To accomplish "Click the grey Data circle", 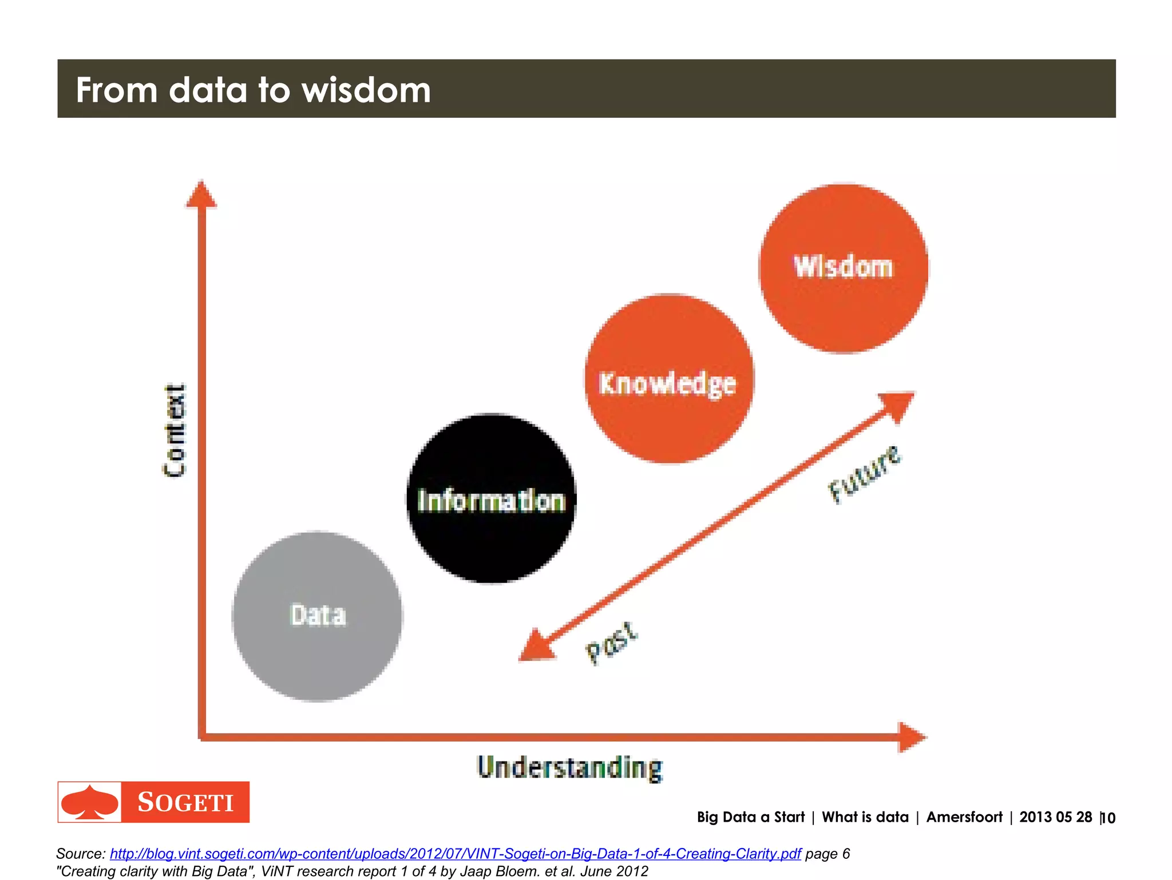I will click(318, 616).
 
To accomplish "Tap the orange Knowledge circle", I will click(668, 379).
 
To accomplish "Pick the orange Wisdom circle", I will click(843, 268).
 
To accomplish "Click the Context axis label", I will click(174, 430).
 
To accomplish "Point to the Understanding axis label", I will click(570, 768).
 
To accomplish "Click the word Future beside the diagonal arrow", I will click(864, 474).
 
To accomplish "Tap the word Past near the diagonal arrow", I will click(611, 643).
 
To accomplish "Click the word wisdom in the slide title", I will click(366, 90).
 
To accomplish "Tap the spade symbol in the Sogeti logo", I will click(89, 802).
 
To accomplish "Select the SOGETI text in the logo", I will click(185, 802).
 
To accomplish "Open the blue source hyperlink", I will click(455, 854).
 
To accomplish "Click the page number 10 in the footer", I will click(1108, 818).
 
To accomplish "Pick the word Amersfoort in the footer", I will click(964, 817).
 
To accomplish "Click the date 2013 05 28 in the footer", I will click(1055, 817).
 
